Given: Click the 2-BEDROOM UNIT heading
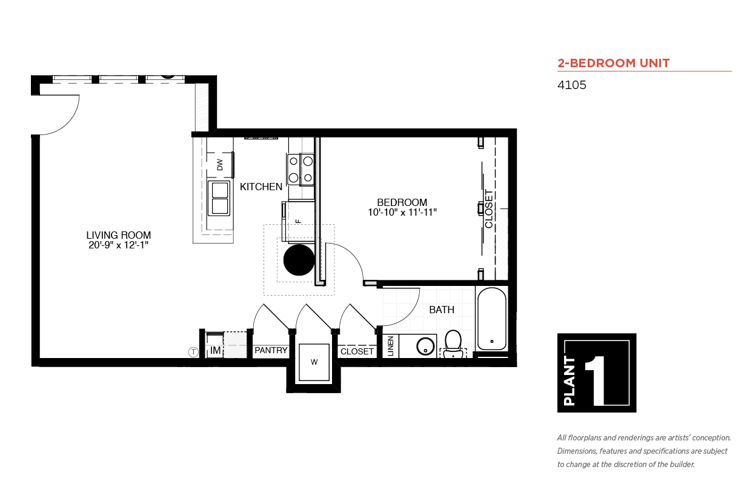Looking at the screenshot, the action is click(x=614, y=63).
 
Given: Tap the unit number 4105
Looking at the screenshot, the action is click(x=571, y=85).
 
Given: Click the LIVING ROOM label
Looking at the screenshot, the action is click(x=119, y=235).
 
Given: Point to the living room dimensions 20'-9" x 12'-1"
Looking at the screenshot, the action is click(x=119, y=245).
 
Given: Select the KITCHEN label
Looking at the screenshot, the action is click(x=261, y=187).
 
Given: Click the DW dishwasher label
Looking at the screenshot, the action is click(x=220, y=165).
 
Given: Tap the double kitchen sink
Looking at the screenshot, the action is click(x=219, y=198).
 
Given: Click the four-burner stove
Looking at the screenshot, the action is click(x=301, y=170).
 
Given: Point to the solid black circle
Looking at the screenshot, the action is click(x=299, y=260).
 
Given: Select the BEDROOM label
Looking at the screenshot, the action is click(x=402, y=202).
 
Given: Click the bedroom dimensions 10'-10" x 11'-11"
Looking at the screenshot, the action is click(x=402, y=212).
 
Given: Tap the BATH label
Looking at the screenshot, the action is click(x=442, y=310).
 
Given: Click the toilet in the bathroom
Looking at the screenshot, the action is click(x=453, y=344).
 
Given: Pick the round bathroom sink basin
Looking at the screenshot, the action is click(x=425, y=346).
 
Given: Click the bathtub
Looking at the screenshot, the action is click(x=492, y=319).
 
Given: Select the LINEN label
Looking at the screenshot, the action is click(x=391, y=346).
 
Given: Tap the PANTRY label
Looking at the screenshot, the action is click(x=271, y=350).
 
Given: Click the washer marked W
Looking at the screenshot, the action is click(x=314, y=362).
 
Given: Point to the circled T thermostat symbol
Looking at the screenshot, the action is click(x=193, y=352).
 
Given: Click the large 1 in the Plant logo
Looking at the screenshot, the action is click(x=595, y=380).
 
